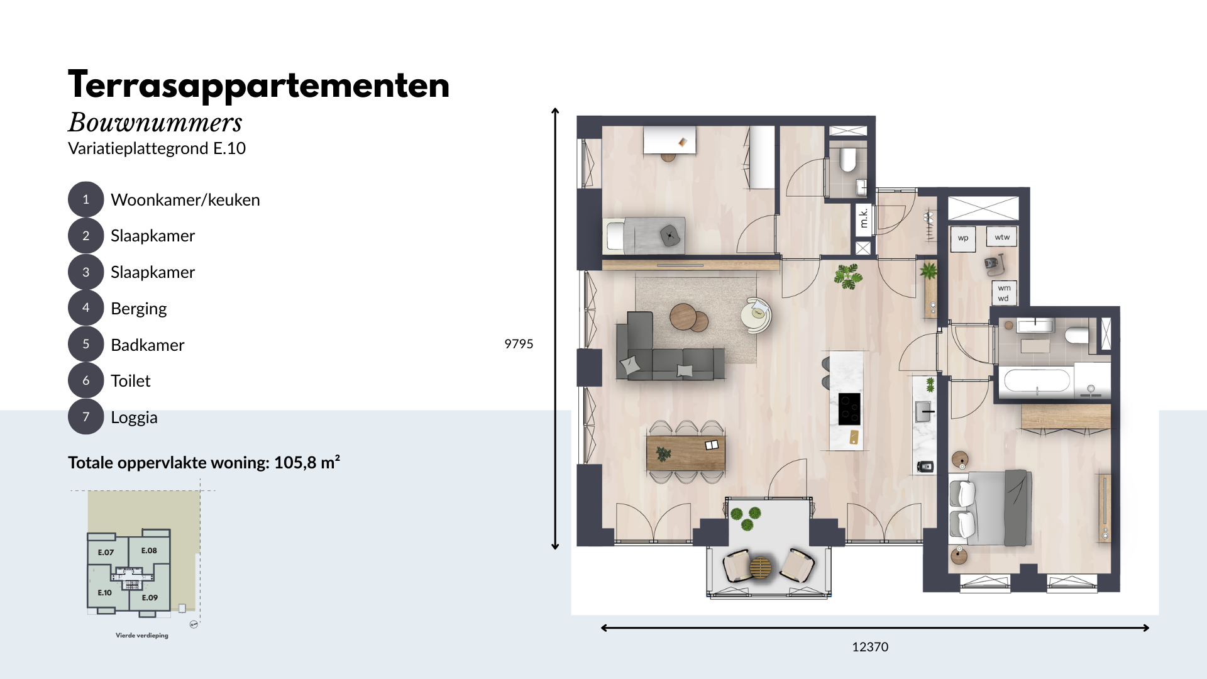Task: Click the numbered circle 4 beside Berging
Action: pyautogui.click(x=85, y=308)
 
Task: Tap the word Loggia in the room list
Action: pyautogui.click(x=134, y=417)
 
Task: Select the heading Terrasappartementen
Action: pyautogui.click(x=259, y=86)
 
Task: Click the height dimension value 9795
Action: pyautogui.click(x=519, y=344)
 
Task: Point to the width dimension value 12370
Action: pyautogui.click(x=870, y=647)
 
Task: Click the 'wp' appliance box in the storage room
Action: pyautogui.click(x=963, y=238)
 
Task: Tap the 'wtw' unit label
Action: pyautogui.click(x=1002, y=237)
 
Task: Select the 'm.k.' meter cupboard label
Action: pyautogui.click(x=864, y=218)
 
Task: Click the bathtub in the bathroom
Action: pyautogui.click(x=1036, y=381)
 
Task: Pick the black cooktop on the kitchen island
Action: pyautogui.click(x=849, y=409)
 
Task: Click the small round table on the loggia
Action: pyautogui.click(x=761, y=568)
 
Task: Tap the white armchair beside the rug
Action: pyautogui.click(x=756, y=314)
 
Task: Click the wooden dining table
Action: pyautogui.click(x=685, y=453)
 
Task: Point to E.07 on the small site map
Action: pyautogui.click(x=106, y=553)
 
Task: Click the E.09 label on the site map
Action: pyautogui.click(x=150, y=598)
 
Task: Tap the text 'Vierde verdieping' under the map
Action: pyautogui.click(x=142, y=636)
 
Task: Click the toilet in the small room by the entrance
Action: pyautogui.click(x=848, y=160)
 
